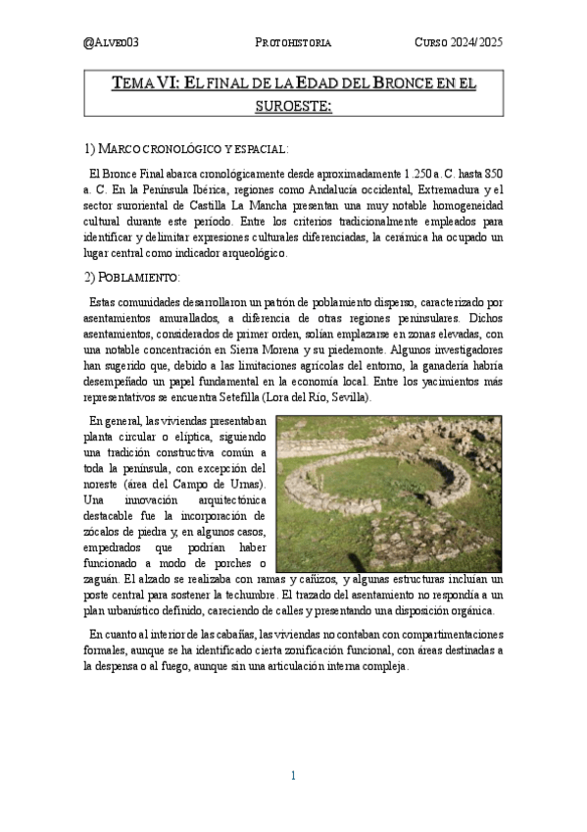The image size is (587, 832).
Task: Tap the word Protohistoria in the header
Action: tap(293, 43)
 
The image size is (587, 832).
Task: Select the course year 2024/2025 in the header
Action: tap(459, 43)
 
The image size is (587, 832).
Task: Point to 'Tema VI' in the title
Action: tap(145, 84)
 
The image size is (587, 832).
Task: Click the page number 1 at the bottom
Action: tap(293, 776)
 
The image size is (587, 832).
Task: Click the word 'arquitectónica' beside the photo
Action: tap(216, 498)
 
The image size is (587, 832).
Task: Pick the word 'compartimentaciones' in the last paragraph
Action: tap(445, 634)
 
